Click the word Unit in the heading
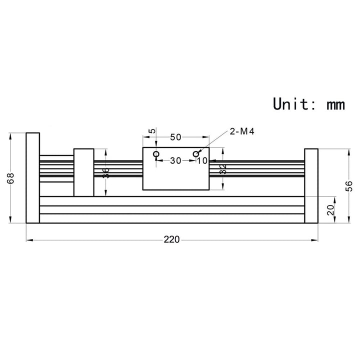click(291, 103)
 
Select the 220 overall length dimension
click(171, 240)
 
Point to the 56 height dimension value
click(349, 185)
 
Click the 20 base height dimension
click(330, 210)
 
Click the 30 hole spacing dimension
click(176, 160)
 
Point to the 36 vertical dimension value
click(105, 173)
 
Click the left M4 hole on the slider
click(157, 154)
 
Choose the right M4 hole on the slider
click(196, 154)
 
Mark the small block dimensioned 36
click(83, 172)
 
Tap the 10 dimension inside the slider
click(202, 160)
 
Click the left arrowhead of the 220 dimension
click(28, 240)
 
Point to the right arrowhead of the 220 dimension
click(315, 240)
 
